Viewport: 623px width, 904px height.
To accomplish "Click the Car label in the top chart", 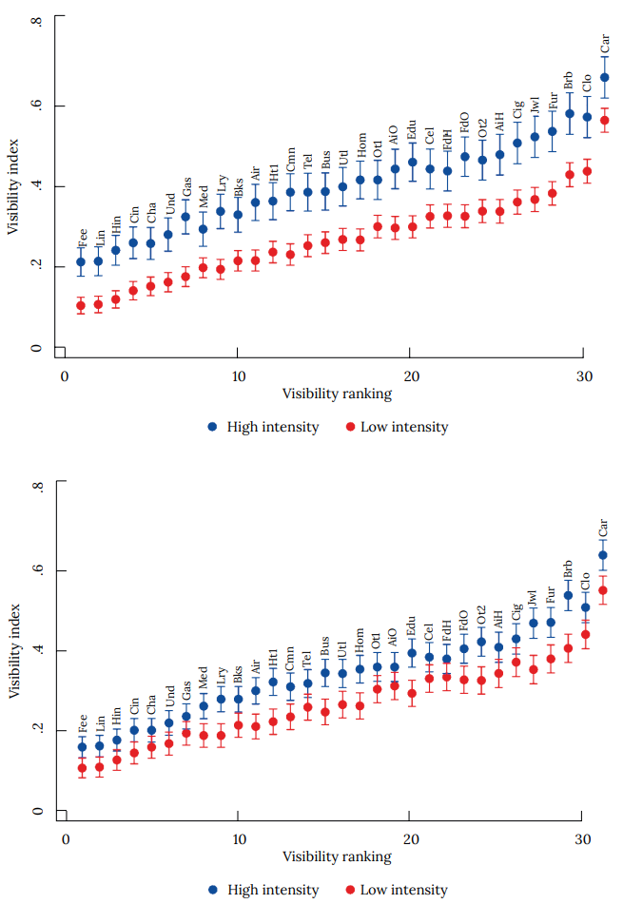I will point(605,44).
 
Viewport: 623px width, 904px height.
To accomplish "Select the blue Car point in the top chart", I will point(604,77).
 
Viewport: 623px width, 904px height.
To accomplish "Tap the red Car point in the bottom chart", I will point(602,590).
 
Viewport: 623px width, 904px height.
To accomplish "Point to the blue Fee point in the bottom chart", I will point(82,746).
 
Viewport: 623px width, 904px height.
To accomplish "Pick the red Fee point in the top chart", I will point(82,305).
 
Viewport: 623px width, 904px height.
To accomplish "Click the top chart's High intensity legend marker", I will point(213,427).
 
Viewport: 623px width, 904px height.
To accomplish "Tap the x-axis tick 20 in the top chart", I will point(409,375).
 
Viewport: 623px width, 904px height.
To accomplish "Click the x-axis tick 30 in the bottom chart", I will point(582,839).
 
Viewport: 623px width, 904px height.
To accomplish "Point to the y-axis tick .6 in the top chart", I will point(36,106).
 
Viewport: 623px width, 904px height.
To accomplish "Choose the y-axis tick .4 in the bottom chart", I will point(36,651).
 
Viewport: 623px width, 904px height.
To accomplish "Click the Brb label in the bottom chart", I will point(568,570).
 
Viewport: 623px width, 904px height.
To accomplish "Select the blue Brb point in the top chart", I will point(570,113).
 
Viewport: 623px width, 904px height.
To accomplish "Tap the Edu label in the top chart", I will point(412,130).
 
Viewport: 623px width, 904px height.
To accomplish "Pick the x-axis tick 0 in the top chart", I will point(65,375).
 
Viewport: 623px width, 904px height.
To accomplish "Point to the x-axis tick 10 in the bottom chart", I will point(238,839).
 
